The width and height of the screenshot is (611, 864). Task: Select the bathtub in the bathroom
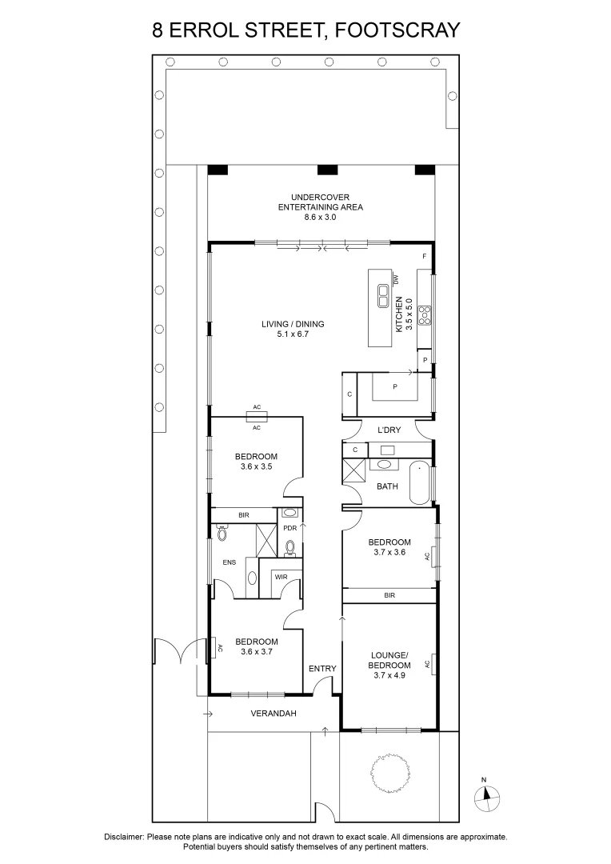click(420, 482)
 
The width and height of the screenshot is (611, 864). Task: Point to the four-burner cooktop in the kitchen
click(424, 314)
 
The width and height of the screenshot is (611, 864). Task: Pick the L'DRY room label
click(389, 430)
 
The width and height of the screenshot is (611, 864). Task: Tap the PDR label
click(290, 529)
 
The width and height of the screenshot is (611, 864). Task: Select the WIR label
click(281, 576)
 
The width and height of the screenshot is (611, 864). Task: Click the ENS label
click(230, 562)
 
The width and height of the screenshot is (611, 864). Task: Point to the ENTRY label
click(322, 669)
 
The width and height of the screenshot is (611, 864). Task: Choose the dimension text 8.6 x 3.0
click(320, 217)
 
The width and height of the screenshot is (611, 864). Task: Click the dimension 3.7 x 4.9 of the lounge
click(389, 676)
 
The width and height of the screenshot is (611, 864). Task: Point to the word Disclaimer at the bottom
click(123, 837)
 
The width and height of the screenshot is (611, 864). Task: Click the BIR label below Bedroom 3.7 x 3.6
click(389, 595)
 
